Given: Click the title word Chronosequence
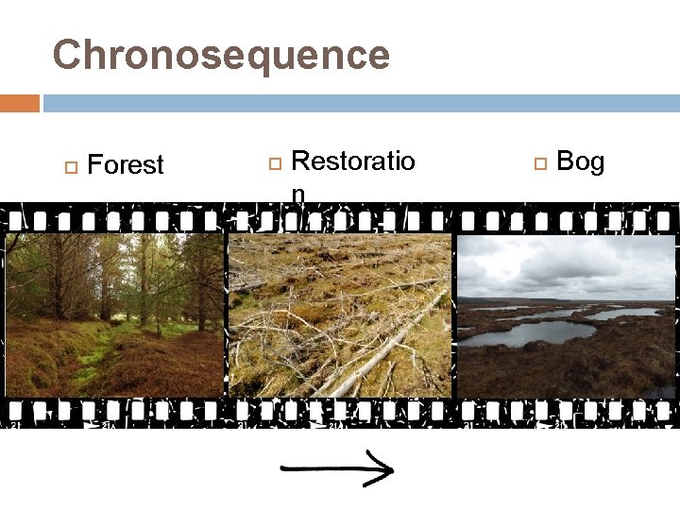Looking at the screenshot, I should tap(221, 55).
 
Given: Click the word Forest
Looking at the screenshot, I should tap(125, 165).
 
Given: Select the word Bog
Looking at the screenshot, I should tap(580, 162).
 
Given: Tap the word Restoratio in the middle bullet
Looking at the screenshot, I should tap(352, 161).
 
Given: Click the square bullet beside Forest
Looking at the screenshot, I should tap(69, 166).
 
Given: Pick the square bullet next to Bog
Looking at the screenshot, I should tap(540, 163).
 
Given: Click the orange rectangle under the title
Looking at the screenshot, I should tap(19, 102).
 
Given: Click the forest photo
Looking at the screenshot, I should tap(113, 315).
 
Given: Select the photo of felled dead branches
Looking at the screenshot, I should tap(339, 315).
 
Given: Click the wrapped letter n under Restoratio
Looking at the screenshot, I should tap(297, 194).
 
